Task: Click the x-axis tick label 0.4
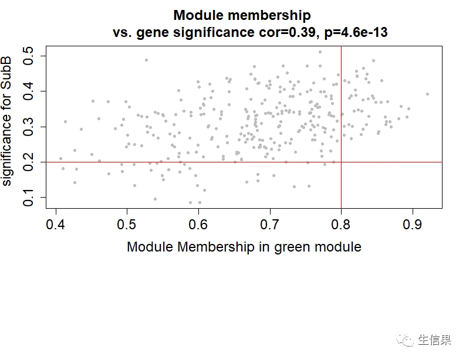pos(56,224)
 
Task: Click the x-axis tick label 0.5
pos(127,224)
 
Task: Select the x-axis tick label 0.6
pos(198,224)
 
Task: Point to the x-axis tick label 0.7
pos(270,224)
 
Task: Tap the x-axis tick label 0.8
pos(341,224)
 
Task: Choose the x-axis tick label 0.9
pos(413,224)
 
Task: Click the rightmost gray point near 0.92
pos(427,94)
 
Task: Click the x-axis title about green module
pos(244,247)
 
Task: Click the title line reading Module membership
pos(242,15)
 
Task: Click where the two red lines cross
pos(341,162)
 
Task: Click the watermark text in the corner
pos(434,341)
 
